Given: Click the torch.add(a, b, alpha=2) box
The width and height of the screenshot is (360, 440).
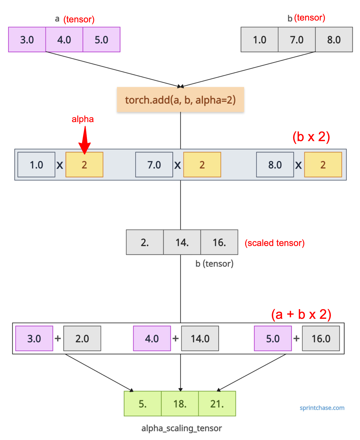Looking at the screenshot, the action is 180,99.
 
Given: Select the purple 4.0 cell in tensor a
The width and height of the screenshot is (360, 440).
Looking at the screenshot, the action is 64,39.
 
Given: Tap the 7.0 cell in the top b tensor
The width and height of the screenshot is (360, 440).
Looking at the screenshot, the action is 297,39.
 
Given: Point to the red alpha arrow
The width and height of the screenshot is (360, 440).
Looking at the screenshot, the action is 85,140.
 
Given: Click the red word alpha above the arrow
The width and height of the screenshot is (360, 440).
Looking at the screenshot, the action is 83,119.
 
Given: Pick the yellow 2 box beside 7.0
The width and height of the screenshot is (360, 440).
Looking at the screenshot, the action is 202,165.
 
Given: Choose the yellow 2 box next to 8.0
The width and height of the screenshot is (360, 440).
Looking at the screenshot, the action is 323,165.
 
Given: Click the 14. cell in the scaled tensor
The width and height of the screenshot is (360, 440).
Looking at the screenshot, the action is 182,242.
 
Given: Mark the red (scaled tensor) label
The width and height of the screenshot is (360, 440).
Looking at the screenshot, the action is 275,243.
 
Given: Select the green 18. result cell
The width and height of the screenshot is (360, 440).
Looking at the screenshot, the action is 180,403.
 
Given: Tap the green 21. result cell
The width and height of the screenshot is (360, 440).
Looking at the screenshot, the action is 217,403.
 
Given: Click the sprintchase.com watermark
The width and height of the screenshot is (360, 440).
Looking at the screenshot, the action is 322,408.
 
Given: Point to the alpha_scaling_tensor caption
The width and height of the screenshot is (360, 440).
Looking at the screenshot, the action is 182,428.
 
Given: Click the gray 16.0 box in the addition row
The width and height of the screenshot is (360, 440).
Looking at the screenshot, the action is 321,338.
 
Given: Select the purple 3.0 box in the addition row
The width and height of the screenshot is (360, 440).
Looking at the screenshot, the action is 34,338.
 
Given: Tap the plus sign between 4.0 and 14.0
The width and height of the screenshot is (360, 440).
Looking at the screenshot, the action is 175,338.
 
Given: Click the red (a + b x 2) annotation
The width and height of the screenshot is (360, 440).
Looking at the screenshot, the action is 301,314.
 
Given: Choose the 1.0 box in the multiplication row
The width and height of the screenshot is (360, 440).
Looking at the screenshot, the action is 36,165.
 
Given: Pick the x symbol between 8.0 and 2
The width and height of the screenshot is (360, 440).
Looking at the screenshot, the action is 298,165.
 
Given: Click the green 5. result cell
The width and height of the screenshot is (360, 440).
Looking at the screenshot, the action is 143,403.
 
